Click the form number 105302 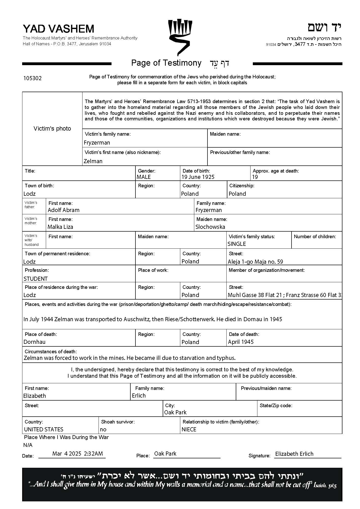click(x=32, y=78)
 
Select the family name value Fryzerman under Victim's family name click(x=97, y=143)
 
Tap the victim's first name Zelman click(x=93, y=161)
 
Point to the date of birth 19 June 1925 click(x=198, y=177)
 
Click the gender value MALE click(x=144, y=177)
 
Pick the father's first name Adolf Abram click(x=64, y=210)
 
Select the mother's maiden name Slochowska click(x=210, y=227)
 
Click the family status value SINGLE click(x=237, y=244)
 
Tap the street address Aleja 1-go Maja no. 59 click(x=255, y=262)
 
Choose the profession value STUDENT click(x=35, y=279)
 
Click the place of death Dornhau click(x=34, y=342)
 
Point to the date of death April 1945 click(x=241, y=342)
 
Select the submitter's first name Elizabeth click(x=35, y=396)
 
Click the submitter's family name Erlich click(x=139, y=395)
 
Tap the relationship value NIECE click(x=189, y=429)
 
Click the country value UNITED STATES click(x=44, y=429)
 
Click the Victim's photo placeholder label click(x=52, y=129)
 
